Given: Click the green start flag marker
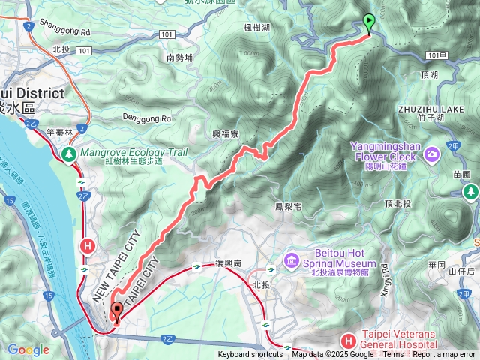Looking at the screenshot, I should [x=368, y=22].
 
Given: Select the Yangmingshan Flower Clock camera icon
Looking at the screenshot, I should [x=432, y=154].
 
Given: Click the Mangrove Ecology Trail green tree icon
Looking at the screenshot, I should [x=69, y=153].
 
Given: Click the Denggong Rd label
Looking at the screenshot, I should [x=148, y=118].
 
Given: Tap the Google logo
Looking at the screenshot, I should [x=28, y=349].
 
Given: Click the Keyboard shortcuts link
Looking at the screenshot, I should [x=250, y=355].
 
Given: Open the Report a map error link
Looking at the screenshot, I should [x=444, y=355].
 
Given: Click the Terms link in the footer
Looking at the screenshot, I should [x=393, y=355].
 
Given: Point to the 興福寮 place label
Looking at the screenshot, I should [x=225, y=134].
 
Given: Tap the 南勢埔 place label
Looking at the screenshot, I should [x=180, y=57].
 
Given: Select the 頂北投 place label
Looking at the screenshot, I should [x=400, y=203].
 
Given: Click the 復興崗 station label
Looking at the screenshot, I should [x=229, y=265].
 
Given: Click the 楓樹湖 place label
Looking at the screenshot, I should [x=257, y=27].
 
